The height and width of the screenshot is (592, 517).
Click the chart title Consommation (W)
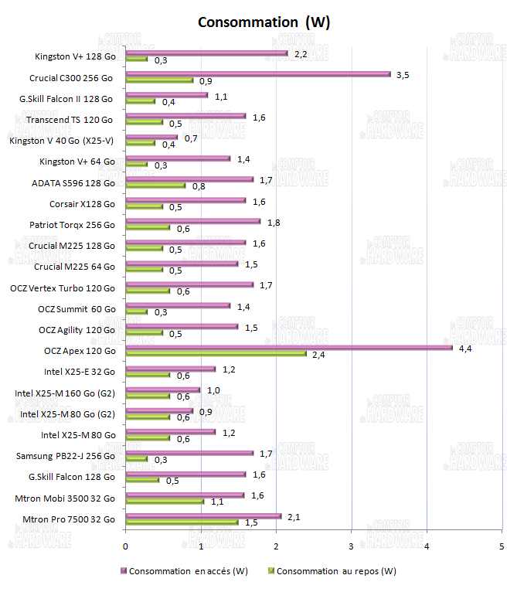264,22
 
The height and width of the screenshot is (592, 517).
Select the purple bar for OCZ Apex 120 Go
289,348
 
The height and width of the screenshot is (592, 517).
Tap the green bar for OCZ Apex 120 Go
216,354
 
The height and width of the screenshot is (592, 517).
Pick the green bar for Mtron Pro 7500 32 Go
182,522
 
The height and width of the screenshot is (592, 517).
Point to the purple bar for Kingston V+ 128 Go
206,53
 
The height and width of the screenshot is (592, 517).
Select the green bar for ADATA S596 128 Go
155,185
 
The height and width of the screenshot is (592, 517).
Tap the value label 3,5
402,75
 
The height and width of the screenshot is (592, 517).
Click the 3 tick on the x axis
352,546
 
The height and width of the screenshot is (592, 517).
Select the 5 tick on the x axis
502,546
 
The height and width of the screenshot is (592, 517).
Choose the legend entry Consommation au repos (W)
335,572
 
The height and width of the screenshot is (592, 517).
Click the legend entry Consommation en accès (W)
189,572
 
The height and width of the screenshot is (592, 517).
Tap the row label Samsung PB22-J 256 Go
66,456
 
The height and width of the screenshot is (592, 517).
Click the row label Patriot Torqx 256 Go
72,225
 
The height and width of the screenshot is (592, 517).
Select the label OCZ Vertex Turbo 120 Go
63,287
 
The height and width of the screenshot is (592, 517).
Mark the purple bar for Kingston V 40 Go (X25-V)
151,138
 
